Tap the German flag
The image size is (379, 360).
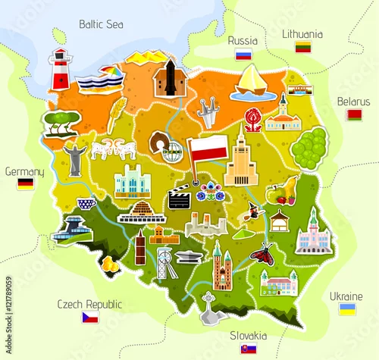(x=26, y=184)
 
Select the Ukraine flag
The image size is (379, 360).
(x=347, y=309)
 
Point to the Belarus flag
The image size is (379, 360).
(x=353, y=114)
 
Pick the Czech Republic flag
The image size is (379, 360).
(x=90, y=318)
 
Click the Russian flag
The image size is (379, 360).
(x=243, y=54)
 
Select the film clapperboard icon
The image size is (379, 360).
(x=179, y=199)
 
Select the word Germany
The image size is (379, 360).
(x=24, y=171)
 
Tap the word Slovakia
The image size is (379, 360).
(x=249, y=335)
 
